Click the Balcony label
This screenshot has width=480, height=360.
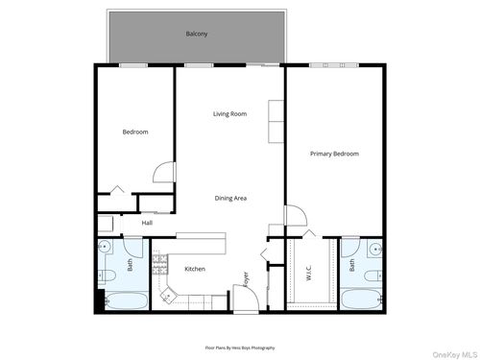click(x=197, y=35)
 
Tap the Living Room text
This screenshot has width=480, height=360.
click(x=229, y=114)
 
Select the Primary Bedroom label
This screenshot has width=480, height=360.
click(x=334, y=154)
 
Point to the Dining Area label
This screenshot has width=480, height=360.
click(x=230, y=198)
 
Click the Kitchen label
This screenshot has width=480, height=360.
click(x=195, y=269)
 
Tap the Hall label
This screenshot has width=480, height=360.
click(x=147, y=223)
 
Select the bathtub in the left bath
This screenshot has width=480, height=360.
click(x=125, y=301)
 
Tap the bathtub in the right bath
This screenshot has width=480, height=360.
click(x=360, y=300)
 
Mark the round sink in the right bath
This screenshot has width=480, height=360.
click(x=375, y=248)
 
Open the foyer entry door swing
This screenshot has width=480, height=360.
click(x=245, y=297)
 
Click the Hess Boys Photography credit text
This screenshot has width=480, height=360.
click(x=240, y=347)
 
